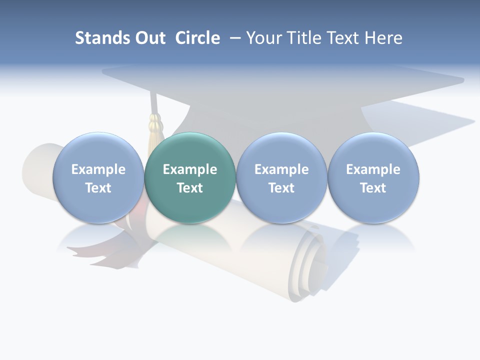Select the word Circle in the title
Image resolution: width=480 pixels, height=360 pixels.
coord(197,38)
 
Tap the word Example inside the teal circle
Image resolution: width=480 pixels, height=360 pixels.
coord(190,169)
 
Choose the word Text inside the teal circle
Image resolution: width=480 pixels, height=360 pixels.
coord(190,188)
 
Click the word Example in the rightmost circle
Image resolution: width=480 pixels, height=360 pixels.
coord(373,169)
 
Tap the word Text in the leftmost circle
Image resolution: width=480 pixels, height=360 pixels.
coord(98,188)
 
